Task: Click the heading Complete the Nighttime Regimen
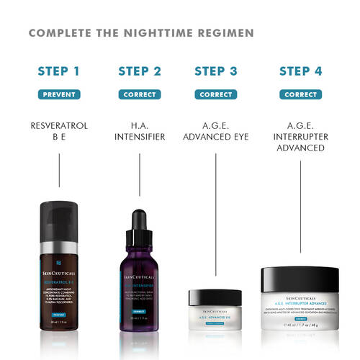141,34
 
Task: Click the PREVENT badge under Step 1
59,94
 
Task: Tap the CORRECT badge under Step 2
139,94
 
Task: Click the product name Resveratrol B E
59,132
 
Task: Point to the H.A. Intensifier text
139,132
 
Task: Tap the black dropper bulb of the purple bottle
139,223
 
